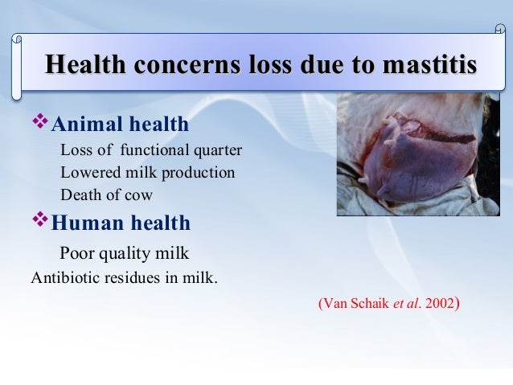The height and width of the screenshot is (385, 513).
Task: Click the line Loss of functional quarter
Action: (150, 150)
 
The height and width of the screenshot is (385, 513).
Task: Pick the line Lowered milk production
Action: (147, 172)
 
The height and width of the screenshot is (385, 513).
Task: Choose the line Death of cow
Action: (106, 194)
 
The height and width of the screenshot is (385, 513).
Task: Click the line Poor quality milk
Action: (124, 253)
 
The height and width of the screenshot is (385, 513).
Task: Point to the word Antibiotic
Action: (61, 280)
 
